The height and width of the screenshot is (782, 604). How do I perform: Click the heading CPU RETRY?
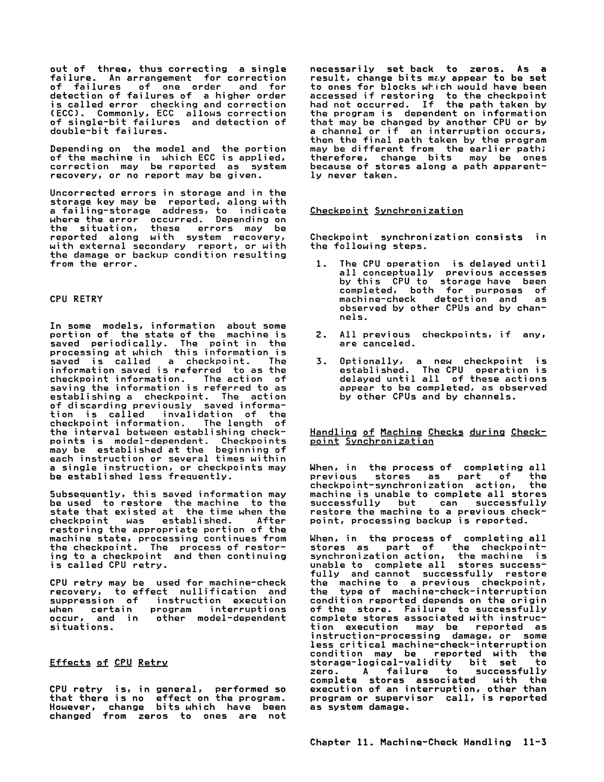[x=76, y=299]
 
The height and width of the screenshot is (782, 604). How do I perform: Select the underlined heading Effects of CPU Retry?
[x=108, y=662]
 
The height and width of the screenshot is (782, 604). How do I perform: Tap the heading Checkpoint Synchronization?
[x=386, y=211]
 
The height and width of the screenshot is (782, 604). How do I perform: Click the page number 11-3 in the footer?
[x=535, y=742]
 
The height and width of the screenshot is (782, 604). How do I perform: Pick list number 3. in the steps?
[x=320, y=361]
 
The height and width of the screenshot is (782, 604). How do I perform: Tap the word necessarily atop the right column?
[x=342, y=69]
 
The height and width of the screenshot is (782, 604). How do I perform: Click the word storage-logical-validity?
[x=381, y=662]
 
